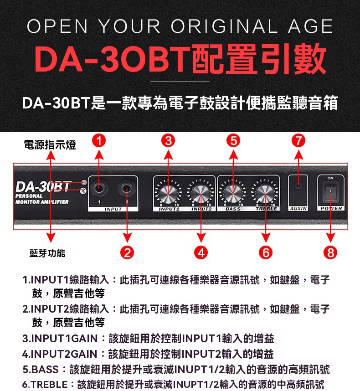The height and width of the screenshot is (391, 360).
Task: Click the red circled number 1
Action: (99, 141)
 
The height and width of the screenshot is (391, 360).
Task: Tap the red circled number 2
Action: (127, 252)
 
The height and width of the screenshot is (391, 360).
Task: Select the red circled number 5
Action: (233, 141)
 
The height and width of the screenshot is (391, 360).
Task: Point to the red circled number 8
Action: (330, 252)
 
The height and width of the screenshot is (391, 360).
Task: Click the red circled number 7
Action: (298, 141)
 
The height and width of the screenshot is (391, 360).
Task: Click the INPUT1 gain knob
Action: (168, 194)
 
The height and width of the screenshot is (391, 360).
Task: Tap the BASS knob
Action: (233, 194)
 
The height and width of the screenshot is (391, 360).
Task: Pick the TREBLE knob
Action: (265, 194)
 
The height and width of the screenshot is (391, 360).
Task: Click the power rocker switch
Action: (330, 191)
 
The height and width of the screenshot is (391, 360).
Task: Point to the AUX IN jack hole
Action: (298, 185)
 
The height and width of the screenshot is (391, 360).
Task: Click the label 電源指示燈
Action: (50, 145)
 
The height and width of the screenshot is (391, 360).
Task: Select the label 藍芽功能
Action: (47, 253)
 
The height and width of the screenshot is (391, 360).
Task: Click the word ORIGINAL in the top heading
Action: (224, 26)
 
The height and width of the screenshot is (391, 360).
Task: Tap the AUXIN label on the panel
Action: (298, 208)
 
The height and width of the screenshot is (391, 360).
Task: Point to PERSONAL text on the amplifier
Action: (29, 196)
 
